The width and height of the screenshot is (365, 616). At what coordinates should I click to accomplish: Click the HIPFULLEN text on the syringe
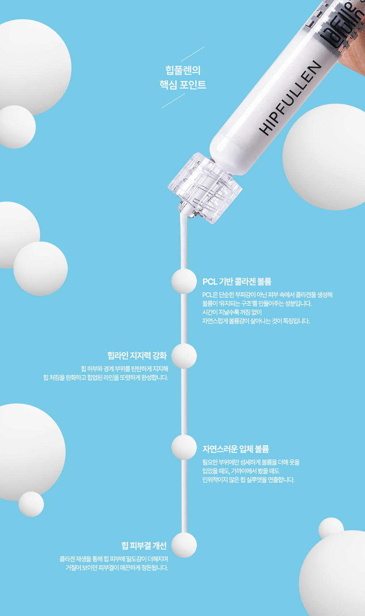point(290,98)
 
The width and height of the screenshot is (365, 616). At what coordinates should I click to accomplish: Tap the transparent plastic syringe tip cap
point(205,188)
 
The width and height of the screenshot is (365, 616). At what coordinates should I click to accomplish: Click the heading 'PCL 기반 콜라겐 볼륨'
point(237,282)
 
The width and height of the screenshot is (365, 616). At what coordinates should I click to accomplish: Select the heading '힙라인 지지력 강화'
point(137,355)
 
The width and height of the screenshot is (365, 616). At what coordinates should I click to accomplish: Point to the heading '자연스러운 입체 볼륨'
point(235,449)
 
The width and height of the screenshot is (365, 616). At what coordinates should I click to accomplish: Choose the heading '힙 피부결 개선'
point(144,546)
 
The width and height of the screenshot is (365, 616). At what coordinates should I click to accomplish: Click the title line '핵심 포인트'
point(182,84)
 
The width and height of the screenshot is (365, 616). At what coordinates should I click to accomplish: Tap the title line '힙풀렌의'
point(183,70)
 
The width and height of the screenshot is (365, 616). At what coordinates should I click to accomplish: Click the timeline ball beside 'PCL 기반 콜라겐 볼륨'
point(184,281)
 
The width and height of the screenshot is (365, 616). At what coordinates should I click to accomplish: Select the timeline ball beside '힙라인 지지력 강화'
point(184,356)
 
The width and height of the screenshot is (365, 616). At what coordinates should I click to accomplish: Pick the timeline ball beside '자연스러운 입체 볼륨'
point(184,447)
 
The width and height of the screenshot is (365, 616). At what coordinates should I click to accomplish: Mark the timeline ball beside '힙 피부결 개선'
point(184,545)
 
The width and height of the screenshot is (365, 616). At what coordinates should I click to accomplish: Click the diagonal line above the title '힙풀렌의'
point(193,54)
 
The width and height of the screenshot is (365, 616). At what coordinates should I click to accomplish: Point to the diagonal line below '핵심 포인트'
point(173,101)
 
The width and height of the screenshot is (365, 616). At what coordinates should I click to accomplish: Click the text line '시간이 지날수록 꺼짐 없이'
point(232,312)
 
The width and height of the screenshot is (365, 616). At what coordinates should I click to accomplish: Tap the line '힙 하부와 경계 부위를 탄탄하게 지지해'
point(124,369)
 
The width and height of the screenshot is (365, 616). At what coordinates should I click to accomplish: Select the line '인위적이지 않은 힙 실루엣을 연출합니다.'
point(248,480)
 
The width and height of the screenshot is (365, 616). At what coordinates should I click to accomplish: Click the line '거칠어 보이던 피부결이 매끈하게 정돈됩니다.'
point(117,567)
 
